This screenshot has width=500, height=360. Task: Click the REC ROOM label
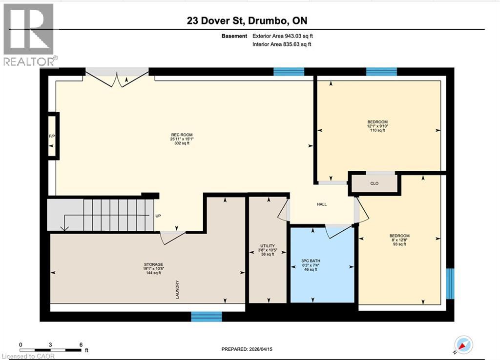tap(177, 135)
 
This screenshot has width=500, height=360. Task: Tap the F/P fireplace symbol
tap(51, 135)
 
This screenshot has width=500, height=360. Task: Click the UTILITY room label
tap(267, 246)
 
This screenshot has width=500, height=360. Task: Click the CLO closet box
tap(375, 184)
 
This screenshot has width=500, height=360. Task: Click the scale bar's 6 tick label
tap(81, 344)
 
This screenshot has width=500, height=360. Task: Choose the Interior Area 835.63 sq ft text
tap(282, 44)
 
